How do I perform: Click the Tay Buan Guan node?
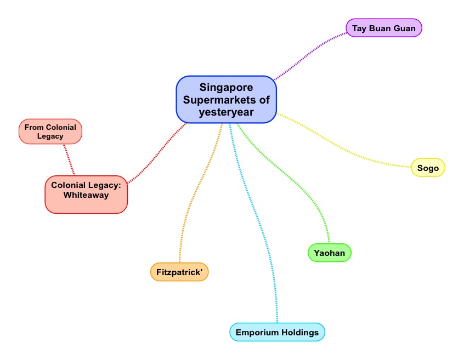pos(384,28)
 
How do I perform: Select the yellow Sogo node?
pos(428,168)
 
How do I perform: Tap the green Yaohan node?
pos(329,253)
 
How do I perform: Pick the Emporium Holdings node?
pos(277,332)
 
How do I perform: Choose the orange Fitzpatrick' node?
pos(179,272)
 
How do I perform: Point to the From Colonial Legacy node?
pos(50,132)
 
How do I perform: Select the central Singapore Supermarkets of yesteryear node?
pos(226,99)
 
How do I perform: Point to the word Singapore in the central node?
pos(226,88)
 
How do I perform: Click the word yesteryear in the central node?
pos(226,111)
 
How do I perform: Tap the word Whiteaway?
pos(86,195)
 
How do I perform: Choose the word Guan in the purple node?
pos(404,28)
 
